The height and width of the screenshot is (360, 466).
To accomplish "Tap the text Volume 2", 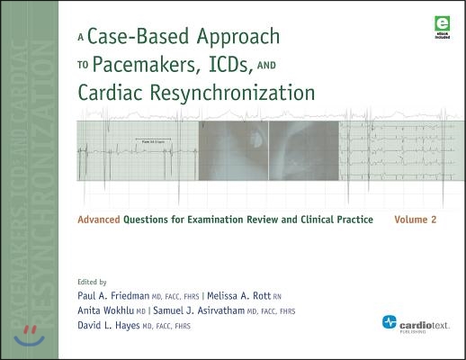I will pyautogui.click(x=417, y=219).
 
